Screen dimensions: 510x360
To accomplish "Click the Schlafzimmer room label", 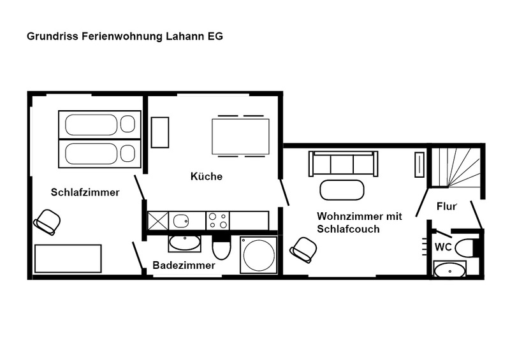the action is (85, 192).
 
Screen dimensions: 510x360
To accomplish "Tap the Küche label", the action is (207, 176).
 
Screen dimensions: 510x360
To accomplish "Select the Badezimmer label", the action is (184, 265).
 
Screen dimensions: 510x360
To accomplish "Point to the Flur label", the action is (447, 206).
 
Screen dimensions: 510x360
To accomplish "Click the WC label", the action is (443, 247).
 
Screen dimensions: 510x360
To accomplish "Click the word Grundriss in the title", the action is (52, 36).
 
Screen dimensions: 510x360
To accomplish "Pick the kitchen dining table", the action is (241, 136).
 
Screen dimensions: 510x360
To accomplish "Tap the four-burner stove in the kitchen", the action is (217, 220).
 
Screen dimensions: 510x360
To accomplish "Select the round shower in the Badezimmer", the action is (259, 255).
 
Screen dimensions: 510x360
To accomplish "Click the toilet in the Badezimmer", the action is (221, 247).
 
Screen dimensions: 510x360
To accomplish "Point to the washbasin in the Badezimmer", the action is (184, 243).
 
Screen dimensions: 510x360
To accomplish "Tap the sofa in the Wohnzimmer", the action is (343, 163).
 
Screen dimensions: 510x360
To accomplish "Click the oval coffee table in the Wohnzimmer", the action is (342, 190).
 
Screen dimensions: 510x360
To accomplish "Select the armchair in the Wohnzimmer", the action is (303, 250).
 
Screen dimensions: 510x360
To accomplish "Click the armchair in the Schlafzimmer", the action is (47, 222).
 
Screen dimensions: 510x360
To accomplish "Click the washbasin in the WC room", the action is (450, 270).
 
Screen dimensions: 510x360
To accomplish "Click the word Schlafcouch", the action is (348, 229).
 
